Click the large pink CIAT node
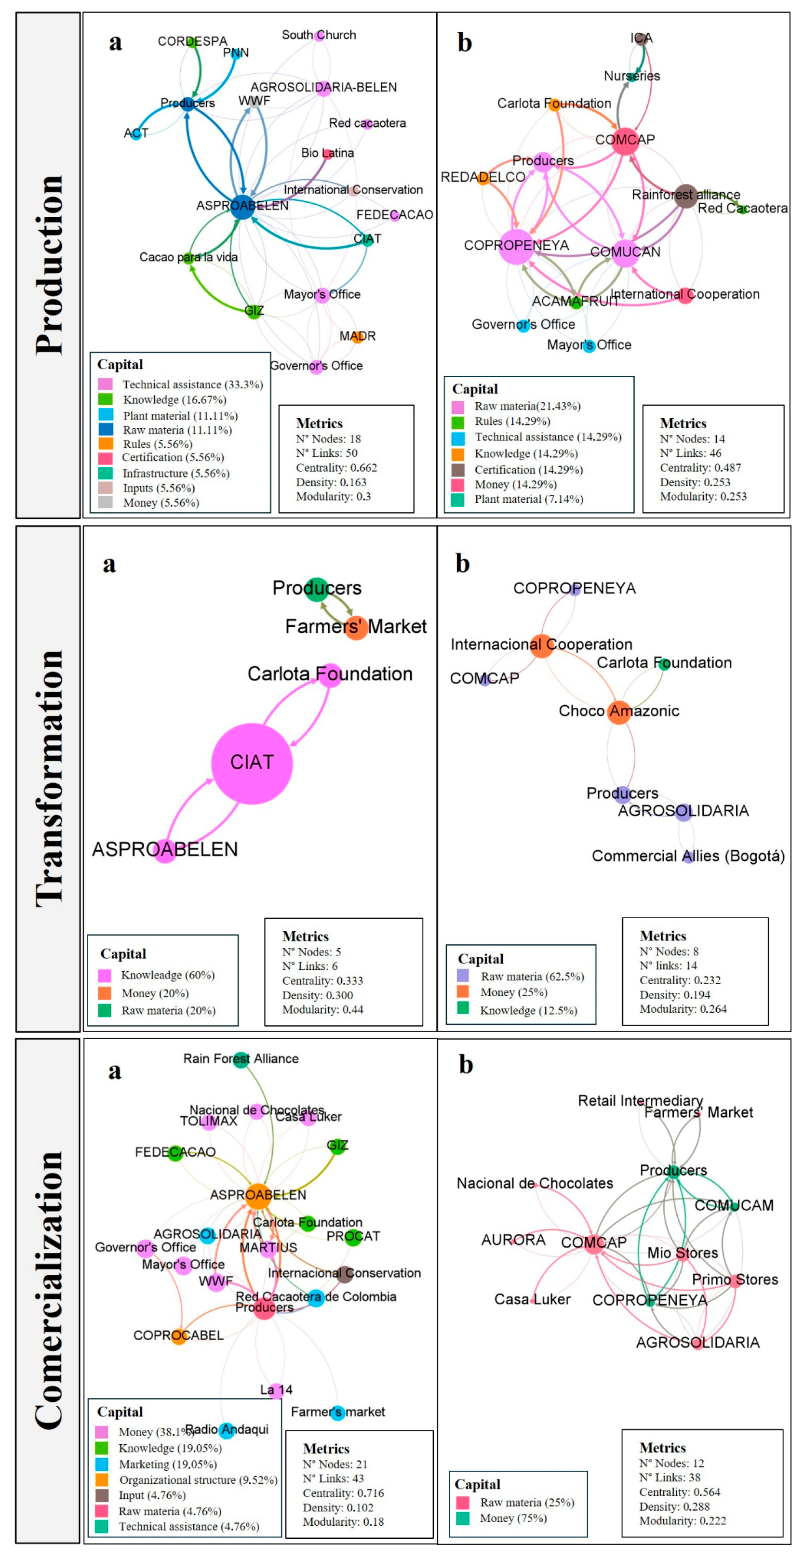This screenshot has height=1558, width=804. click(252, 763)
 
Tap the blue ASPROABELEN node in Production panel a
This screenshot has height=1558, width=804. click(242, 207)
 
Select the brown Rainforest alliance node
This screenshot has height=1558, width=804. click(685, 196)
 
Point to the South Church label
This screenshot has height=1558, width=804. click(318, 35)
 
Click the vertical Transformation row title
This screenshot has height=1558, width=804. click(48, 779)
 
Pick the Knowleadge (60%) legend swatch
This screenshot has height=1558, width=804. click(105, 976)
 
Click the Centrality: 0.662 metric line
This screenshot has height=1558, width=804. click(336, 467)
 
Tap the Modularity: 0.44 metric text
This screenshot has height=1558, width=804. click(322, 1009)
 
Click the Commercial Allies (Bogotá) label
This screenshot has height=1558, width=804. click(688, 856)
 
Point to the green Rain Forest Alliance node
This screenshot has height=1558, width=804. click(241, 1060)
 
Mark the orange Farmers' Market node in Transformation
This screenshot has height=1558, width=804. click(356, 627)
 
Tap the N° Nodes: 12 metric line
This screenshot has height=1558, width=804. click(671, 1463)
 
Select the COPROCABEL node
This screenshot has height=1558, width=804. click(178, 1336)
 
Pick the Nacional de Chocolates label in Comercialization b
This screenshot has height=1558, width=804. click(535, 1183)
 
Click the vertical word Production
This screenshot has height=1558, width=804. click(48, 264)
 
